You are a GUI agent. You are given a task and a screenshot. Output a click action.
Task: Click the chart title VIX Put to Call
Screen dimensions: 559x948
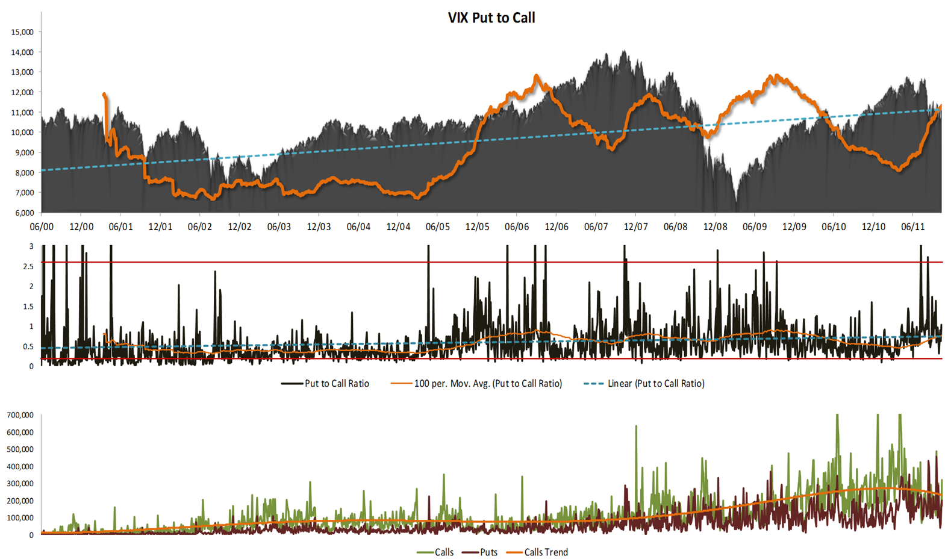(491, 17)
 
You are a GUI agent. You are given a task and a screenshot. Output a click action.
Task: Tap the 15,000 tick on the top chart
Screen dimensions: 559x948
(22, 32)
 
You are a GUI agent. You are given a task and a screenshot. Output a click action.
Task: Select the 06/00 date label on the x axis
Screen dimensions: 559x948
(42, 227)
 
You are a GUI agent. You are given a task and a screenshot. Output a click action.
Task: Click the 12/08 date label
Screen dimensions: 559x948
(715, 227)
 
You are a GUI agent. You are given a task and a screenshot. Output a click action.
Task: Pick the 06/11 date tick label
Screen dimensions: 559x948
(912, 227)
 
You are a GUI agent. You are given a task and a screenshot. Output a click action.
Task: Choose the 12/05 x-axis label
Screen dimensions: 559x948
(477, 227)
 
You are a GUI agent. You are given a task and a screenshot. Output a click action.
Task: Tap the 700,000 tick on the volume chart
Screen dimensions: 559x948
(20, 415)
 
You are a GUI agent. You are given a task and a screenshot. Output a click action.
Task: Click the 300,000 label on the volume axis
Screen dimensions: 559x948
(20, 484)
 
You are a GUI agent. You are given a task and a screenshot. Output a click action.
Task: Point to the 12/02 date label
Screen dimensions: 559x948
(239, 227)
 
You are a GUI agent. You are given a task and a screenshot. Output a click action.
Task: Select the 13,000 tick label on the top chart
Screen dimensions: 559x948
(22, 72)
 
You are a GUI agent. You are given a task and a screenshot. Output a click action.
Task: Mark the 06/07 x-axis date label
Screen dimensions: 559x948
(596, 227)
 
